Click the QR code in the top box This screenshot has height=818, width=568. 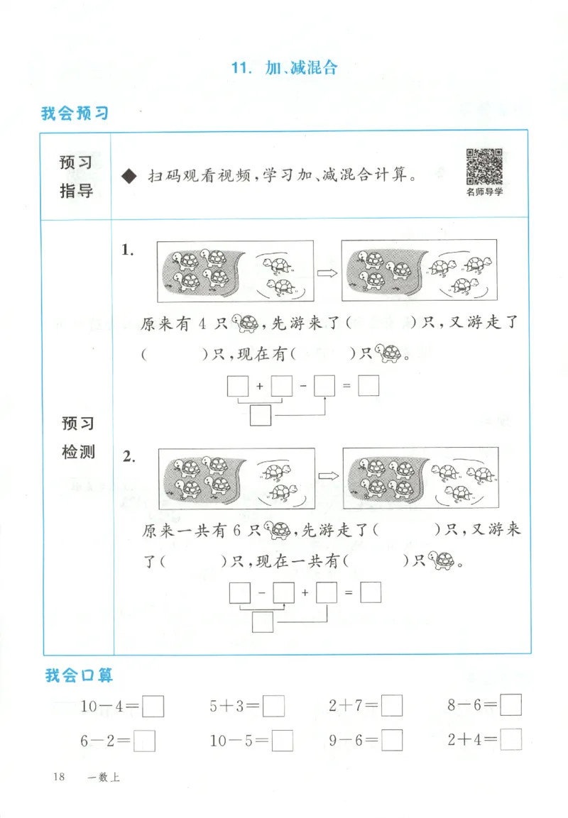(x=484, y=167)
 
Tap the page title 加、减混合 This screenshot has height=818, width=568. (x=284, y=68)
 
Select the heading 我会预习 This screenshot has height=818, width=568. (x=75, y=113)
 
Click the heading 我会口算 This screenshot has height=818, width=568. (x=79, y=675)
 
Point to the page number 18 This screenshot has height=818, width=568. (x=58, y=778)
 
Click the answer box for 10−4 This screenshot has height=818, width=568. (x=154, y=706)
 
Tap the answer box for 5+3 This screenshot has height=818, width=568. (x=274, y=706)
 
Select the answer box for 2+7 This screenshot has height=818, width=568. (x=392, y=706)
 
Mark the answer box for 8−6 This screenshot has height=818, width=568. (x=510, y=705)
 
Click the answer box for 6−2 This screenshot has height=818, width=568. (x=144, y=741)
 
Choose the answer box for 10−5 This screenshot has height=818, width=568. (x=283, y=741)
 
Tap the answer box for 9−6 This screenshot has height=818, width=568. (x=392, y=741)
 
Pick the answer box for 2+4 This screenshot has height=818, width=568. (x=510, y=740)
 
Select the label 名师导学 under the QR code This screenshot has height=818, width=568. (x=484, y=192)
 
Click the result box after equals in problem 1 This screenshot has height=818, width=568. (x=368, y=385)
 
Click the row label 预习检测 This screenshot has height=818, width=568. (x=78, y=438)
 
